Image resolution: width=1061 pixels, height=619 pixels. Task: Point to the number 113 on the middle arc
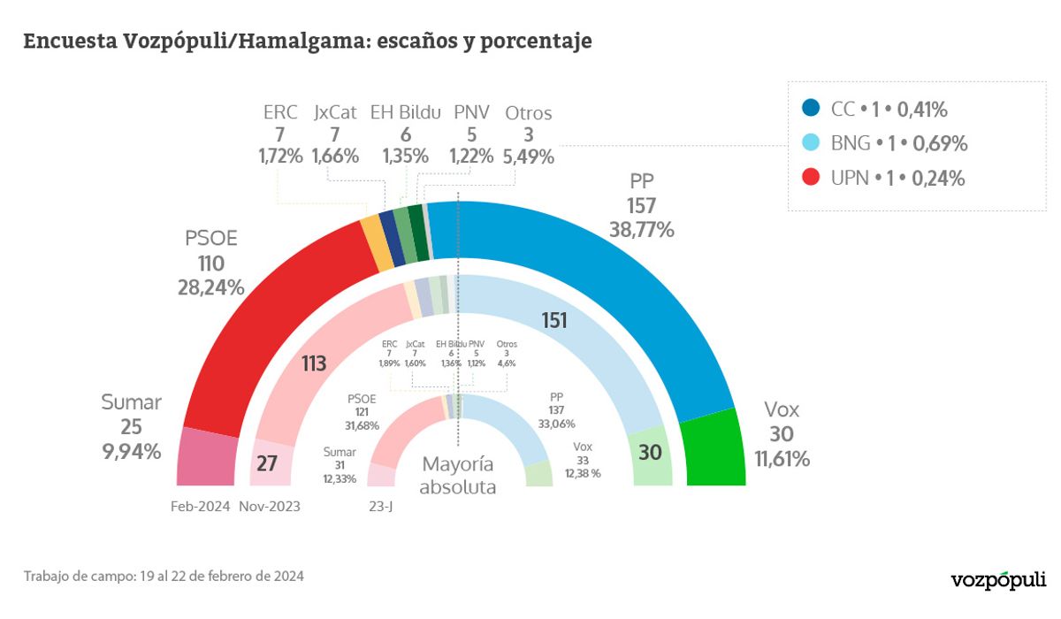[313, 363]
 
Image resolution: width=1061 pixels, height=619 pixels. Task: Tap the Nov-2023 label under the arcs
[270, 507]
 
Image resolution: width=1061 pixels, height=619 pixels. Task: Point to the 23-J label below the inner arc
[380, 507]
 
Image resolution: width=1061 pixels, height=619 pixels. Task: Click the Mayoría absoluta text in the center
[457, 476]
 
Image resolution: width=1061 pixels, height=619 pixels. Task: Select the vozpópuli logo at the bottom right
[996, 580]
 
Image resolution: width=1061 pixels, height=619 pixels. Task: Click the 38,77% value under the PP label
[642, 230]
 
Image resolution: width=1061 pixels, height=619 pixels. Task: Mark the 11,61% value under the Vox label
[782, 458]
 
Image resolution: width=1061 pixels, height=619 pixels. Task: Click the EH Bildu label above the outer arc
[406, 113]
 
